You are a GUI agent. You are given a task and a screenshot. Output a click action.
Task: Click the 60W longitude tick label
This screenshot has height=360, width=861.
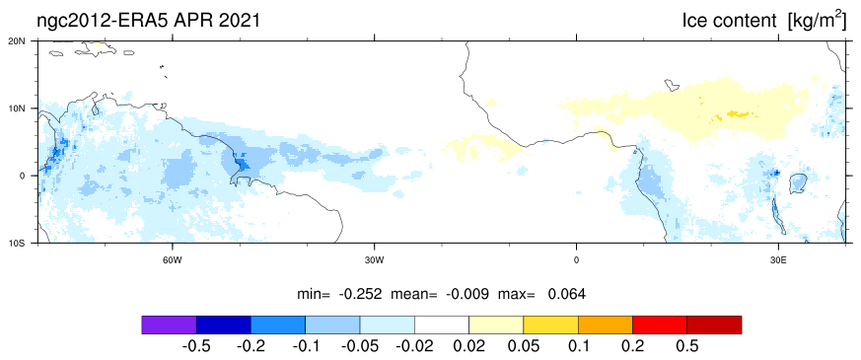[x=172, y=259]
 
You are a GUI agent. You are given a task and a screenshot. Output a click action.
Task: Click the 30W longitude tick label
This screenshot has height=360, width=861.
[x=374, y=259]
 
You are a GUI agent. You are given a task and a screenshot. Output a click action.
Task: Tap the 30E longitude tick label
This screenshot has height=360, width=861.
[x=778, y=259]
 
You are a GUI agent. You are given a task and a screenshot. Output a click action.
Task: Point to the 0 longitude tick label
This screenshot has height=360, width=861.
[x=576, y=259]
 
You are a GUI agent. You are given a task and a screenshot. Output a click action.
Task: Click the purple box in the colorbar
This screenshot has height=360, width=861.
[x=169, y=324]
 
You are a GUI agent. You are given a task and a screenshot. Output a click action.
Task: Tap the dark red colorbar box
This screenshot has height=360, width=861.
[x=714, y=324]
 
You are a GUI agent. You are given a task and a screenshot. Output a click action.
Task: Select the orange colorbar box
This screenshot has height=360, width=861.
[x=606, y=324]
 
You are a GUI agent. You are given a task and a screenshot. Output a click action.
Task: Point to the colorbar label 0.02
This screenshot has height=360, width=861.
[x=468, y=347]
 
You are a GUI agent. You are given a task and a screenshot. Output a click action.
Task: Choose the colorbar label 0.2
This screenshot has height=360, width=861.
[x=632, y=347]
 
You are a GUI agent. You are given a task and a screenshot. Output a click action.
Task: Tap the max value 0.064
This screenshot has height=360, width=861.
[x=567, y=294]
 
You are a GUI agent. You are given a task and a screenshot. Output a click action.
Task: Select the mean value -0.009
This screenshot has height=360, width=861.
[x=467, y=294]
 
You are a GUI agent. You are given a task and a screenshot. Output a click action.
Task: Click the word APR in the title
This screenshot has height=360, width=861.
[x=194, y=21]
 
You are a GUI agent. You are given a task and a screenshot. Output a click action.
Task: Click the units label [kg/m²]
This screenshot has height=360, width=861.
[x=817, y=21]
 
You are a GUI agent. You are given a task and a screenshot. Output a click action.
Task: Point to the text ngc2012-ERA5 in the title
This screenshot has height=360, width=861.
[x=105, y=21]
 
